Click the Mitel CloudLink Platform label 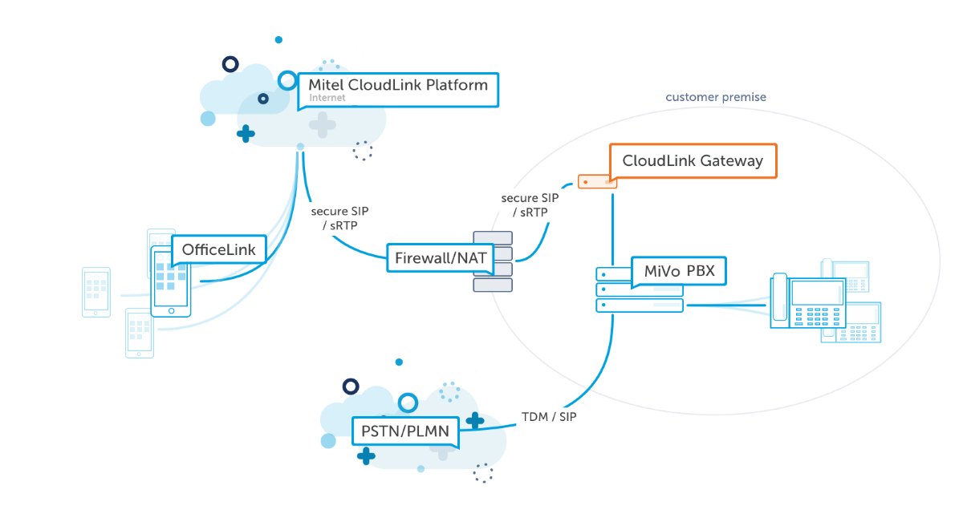coord(398,85)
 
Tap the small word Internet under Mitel coord(327,98)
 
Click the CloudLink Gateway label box coord(693,161)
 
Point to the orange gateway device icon coord(597,182)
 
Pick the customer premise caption coord(716,97)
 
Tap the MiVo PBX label coord(679,272)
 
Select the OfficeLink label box coord(218,249)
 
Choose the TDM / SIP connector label coord(549,417)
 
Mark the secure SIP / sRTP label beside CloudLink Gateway coord(530,205)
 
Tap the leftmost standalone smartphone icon coord(96,292)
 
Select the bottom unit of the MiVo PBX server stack coord(639,306)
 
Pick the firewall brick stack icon coord(493,261)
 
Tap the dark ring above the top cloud coord(230,63)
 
